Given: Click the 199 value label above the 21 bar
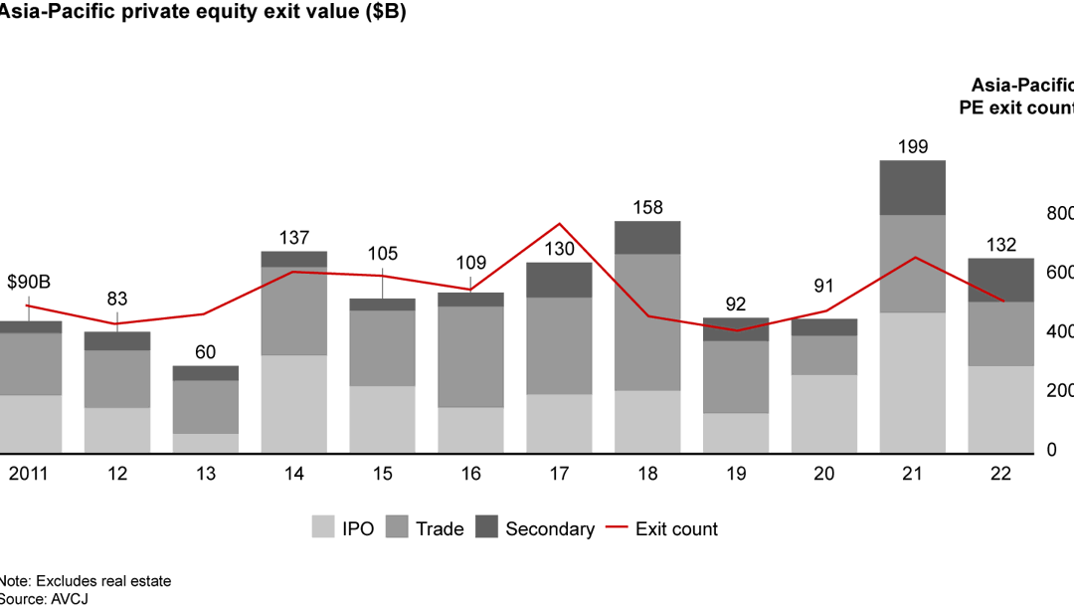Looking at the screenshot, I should pos(913,147).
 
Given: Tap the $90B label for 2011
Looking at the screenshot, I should pos(29,283).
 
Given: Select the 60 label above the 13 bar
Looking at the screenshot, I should pos(206,352).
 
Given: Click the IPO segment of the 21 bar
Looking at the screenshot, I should pos(913,383).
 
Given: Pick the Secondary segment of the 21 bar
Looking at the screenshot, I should pos(913,188).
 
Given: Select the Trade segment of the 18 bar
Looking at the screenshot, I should pos(647,322).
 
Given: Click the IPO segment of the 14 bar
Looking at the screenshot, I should pos(293,404).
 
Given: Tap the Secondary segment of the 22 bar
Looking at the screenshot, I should pos(1000,280).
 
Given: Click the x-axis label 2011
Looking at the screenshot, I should pos(29,475).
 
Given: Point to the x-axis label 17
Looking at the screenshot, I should pos(559,475).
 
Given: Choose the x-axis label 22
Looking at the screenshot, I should pos(1000,475).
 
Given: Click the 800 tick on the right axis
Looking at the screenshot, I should pos(1060,214).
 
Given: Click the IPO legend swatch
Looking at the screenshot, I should pos(323,528).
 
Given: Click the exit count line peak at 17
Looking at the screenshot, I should pos(559,224).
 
